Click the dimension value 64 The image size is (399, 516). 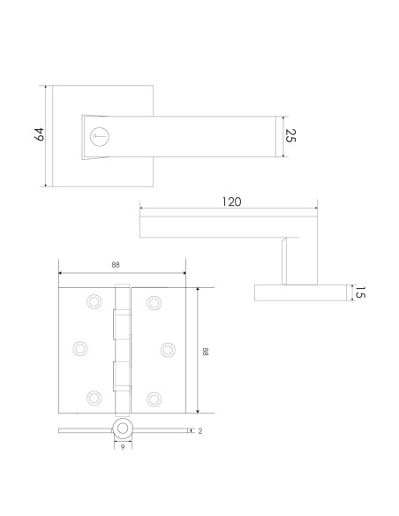click(x=38, y=135)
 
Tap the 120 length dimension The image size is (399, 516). click(x=230, y=201)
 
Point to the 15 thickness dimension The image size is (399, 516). click(x=358, y=293)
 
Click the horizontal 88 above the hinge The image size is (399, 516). click(x=117, y=264)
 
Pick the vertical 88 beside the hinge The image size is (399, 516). click(x=205, y=351)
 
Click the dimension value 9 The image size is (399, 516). click(x=122, y=448)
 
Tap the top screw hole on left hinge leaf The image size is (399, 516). click(x=93, y=303)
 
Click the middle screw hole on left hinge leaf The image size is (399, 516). click(x=79, y=349)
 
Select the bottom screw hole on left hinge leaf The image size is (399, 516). click(x=93, y=397)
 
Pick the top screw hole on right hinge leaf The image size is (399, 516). click(x=154, y=303)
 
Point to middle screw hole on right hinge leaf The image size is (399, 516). click(x=168, y=349)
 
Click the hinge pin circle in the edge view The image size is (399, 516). click(x=122, y=429)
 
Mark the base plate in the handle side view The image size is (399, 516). click(x=299, y=293)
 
